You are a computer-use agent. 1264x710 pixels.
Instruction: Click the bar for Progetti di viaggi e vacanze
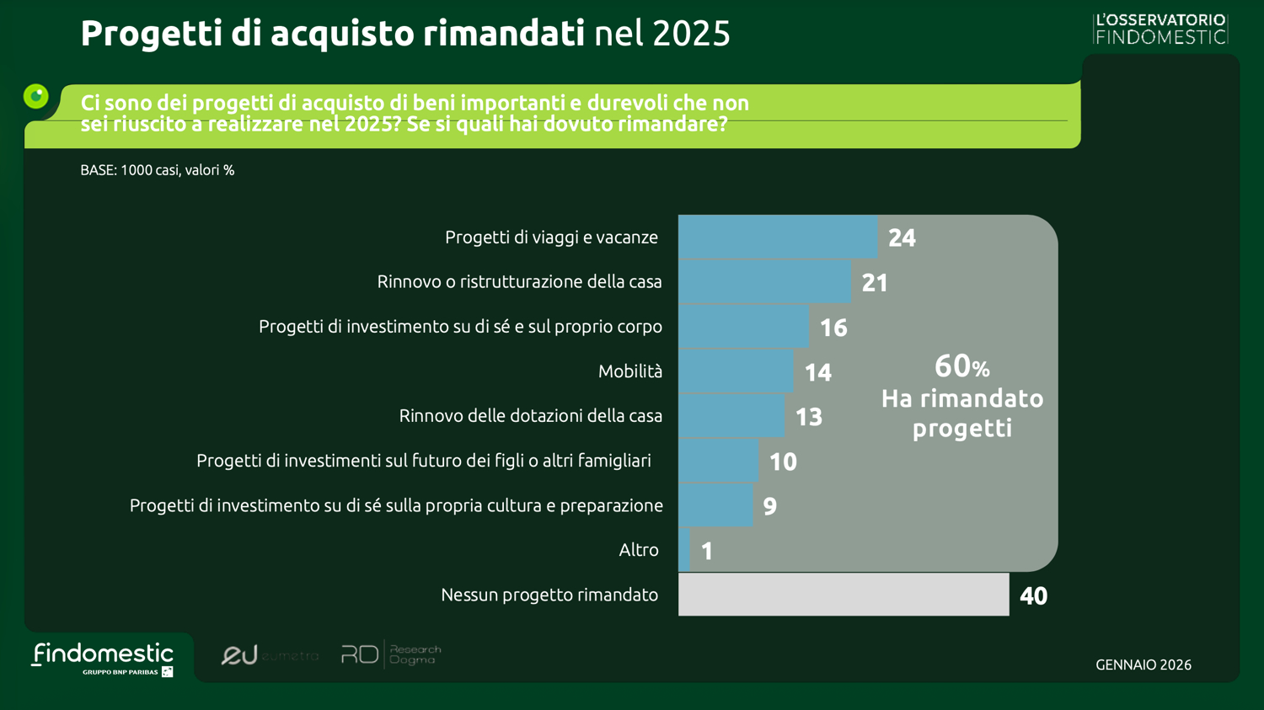[777, 237]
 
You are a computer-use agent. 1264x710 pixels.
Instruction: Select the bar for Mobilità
[735, 371]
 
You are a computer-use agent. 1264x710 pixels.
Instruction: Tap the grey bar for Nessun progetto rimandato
[843, 595]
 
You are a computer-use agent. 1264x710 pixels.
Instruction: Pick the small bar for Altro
[684, 550]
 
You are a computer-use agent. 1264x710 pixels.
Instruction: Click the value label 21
[875, 283]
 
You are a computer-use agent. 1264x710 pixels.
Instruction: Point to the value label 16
[833, 328]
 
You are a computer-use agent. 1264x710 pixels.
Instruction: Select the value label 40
[1033, 596]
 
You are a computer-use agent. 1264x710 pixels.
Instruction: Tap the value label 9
[769, 506]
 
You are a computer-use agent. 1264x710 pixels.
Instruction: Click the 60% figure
[961, 366]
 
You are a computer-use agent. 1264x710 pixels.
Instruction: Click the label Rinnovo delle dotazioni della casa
[530, 416]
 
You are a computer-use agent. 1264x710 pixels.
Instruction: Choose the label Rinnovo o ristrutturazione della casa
[519, 282]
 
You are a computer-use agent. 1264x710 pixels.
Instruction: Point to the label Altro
[638, 550]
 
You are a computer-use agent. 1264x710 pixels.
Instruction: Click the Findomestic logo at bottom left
[103, 658]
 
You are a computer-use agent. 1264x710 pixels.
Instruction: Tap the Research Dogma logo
[390, 654]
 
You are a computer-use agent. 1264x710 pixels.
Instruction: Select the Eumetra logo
[269, 655]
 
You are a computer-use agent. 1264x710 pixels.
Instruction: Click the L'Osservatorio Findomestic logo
[1160, 29]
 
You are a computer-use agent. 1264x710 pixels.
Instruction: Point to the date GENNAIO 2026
[1143, 665]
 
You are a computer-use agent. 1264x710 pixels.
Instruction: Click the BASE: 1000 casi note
[158, 170]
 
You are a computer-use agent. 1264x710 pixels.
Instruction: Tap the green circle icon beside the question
[36, 96]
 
